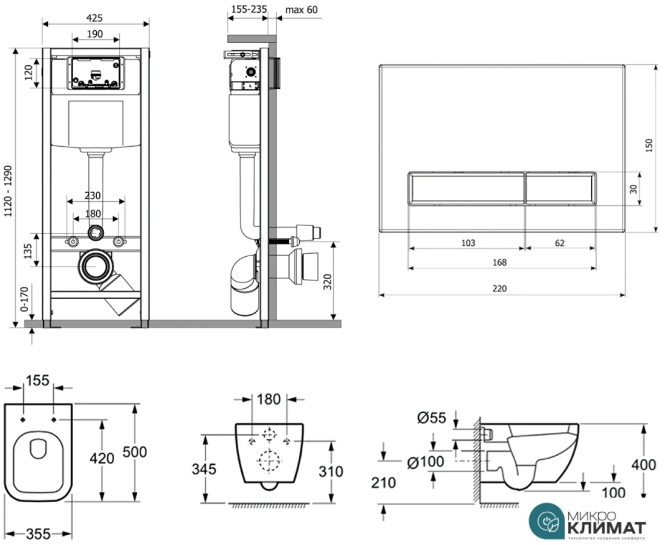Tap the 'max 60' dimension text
click(x=300, y=10)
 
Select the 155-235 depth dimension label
click(x=248, y=10)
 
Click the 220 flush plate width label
click(x=499, y=288)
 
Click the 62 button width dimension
click(x=559, y=243)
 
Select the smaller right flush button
click(x=561, y=188)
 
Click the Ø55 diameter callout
click(x=432, y=417)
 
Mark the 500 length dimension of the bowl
click(x=135, y=451)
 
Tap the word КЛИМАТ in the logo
click(x=606, y=527)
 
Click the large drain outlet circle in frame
click(x=95, y=266)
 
